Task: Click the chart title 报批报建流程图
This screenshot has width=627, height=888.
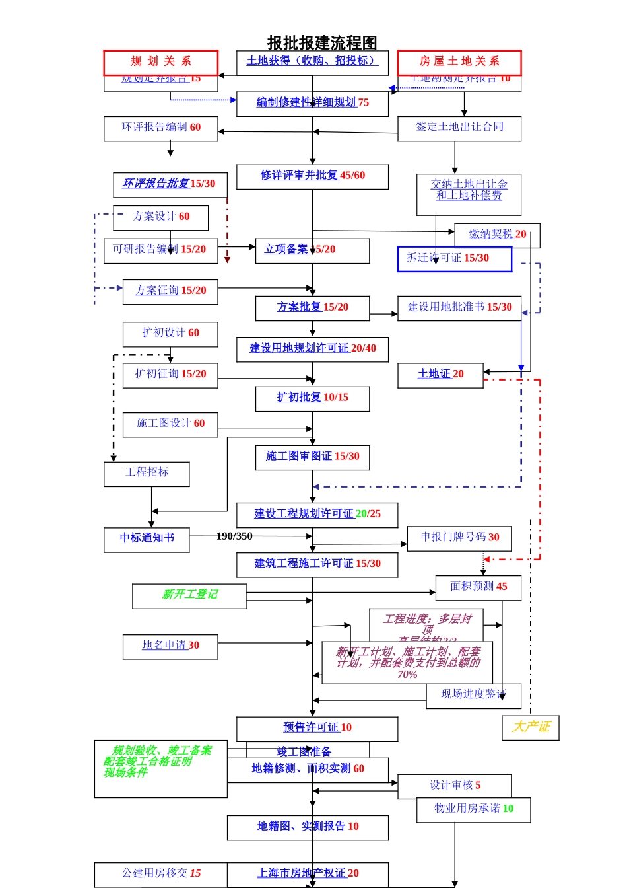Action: (322, 43)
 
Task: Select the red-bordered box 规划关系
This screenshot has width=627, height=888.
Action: (160, 62)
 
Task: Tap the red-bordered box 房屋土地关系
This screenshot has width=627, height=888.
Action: (459, 62)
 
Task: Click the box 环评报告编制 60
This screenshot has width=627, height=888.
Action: (160, 128)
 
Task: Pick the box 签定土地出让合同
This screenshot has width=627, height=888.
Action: (459, 128)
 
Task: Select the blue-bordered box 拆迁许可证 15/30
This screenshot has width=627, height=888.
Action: (454, 258)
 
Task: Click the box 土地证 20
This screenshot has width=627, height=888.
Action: (440, 375)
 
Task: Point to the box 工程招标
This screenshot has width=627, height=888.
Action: (147, 473)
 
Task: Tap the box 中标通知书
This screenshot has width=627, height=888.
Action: (147, 539)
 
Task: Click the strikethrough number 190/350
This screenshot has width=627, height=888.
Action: (234, 536)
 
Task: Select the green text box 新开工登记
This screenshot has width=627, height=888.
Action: (189, 595)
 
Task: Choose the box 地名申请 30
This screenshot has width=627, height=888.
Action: (170, 646)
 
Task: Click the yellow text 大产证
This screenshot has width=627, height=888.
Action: (530, 727)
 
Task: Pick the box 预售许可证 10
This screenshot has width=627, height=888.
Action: (317, 728)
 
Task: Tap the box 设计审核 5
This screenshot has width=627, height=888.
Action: (454, 786)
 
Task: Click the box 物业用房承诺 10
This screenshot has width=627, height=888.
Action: (473, 809)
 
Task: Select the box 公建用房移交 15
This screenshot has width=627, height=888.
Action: (161, 874)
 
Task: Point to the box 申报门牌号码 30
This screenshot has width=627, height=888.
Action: (459, 538)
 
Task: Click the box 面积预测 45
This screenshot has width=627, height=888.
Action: (478, 587)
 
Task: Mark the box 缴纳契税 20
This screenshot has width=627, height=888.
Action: (497, 235)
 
